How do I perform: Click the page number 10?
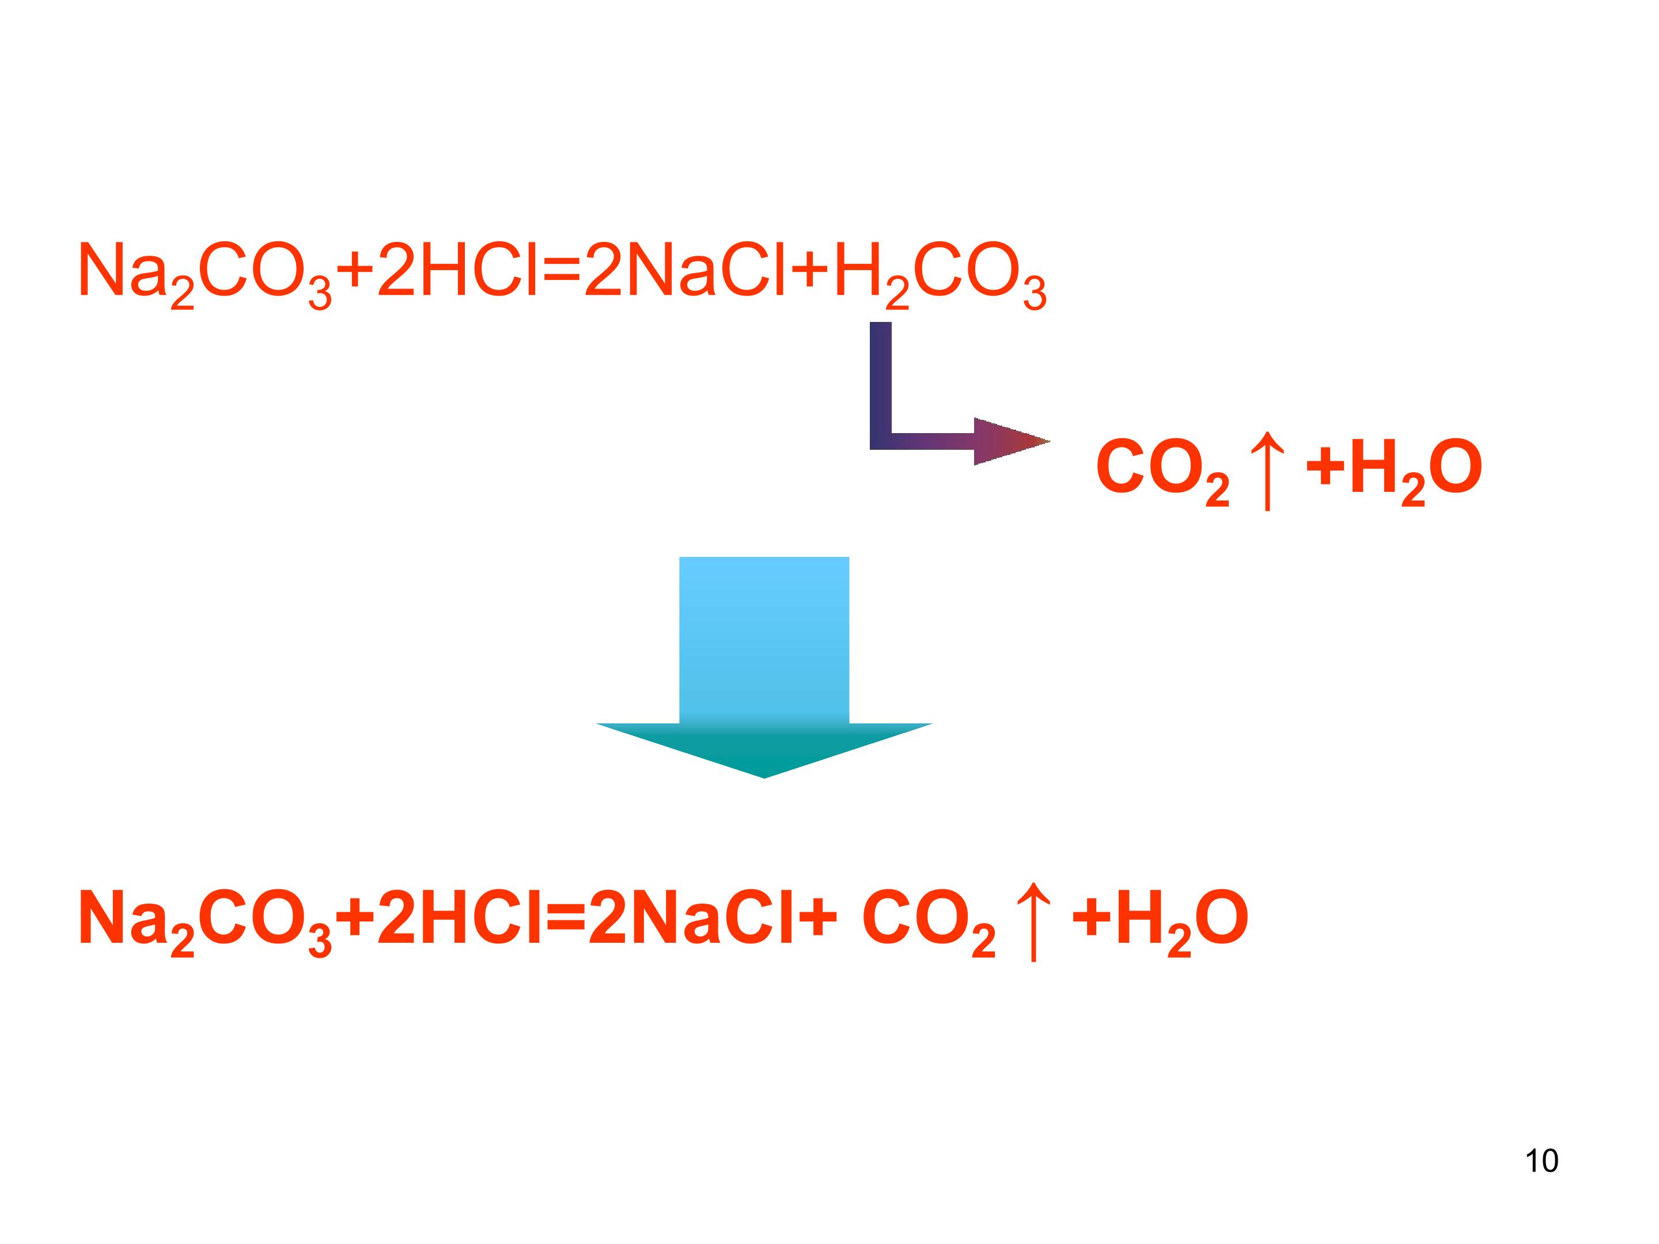pyautogui.click(x=1541, y=1160)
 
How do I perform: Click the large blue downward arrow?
pyautogui.click(x=764, y=667)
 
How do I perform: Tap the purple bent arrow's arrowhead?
pyautogui.click(x=1012, y=442)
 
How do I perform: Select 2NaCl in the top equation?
pyautogui.click(x=685, y=270)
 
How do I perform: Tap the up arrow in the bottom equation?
pyautogui.click(x=1033, y=921)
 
